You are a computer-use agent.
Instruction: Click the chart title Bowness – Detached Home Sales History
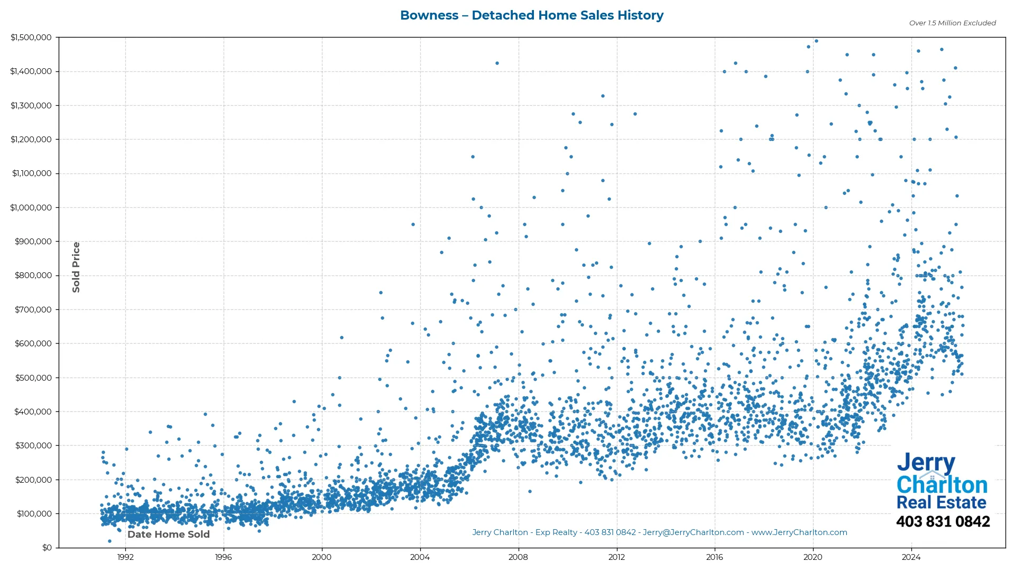tap(531, 15)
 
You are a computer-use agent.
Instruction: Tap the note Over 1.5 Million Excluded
tap(952, 23)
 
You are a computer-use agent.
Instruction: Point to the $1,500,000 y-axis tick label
tap(31, 38)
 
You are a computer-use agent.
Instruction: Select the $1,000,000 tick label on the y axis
tap(31, 208)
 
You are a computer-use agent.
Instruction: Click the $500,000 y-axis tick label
tap(33, 377)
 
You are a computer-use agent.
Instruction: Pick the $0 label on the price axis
tap(47, 548)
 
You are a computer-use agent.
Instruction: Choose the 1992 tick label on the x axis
tap(125, 557)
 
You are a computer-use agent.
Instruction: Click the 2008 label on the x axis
tap(518, 557)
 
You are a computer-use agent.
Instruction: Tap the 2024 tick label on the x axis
tap(911, 557)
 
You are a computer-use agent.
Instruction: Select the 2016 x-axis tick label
tap(715, 557)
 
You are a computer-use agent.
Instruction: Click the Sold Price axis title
tap(76, 267)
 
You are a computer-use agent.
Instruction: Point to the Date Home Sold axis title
tap(169, 535)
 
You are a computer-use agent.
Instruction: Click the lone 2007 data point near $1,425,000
tap(497, 63)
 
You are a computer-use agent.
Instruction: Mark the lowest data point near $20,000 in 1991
tap(109, 541)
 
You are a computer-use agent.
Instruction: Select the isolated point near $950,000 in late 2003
tap(413, 225)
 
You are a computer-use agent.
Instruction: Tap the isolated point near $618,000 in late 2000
tap(342, 337)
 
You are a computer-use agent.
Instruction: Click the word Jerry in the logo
tap(926, 463)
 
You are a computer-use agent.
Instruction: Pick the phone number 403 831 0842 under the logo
tap(943, 522)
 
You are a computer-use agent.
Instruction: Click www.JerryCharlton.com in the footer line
tap(799, 532)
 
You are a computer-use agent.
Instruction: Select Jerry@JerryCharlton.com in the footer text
tap(693, 532)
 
